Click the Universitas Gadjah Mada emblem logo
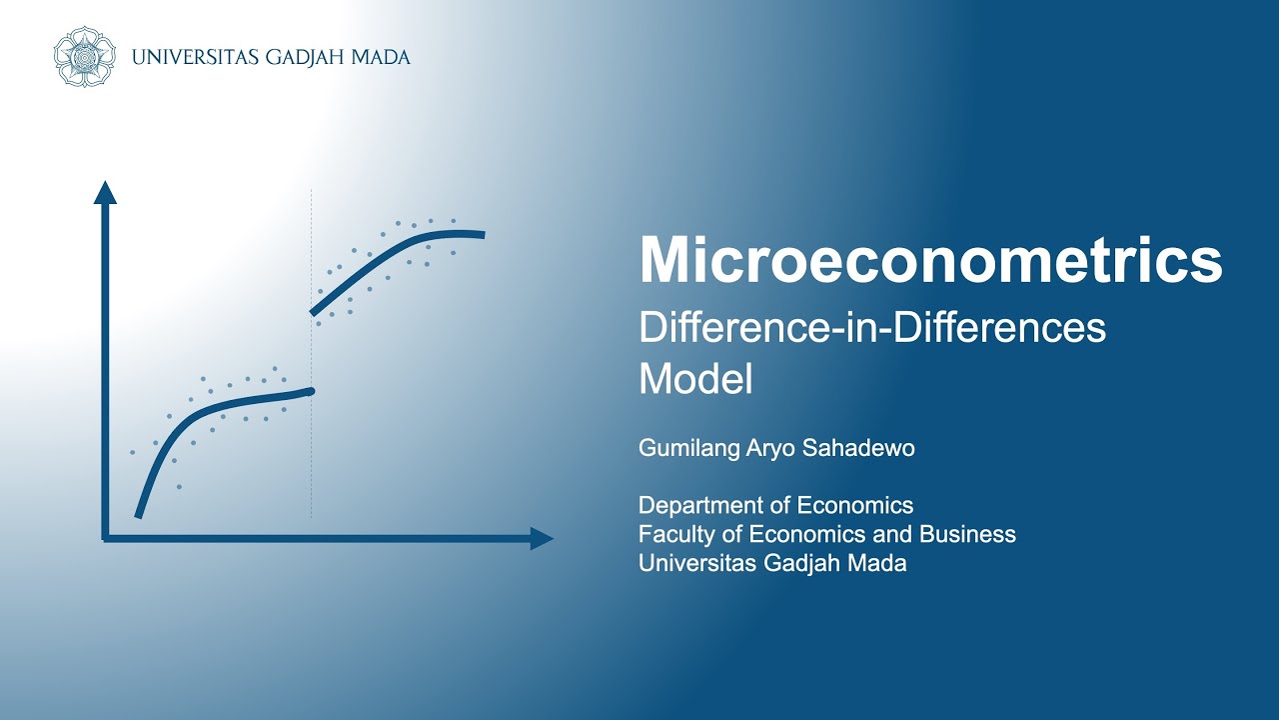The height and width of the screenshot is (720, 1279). point(84,57)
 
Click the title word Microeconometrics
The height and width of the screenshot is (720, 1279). point(930,262)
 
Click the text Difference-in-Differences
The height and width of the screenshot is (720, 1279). point(871,328)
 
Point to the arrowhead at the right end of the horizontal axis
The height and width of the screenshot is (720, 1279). point(542,539)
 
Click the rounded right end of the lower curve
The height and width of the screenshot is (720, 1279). point(311,391)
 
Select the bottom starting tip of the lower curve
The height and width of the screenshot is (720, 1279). point(138,515)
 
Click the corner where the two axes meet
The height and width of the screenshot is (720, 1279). point(105,539)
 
